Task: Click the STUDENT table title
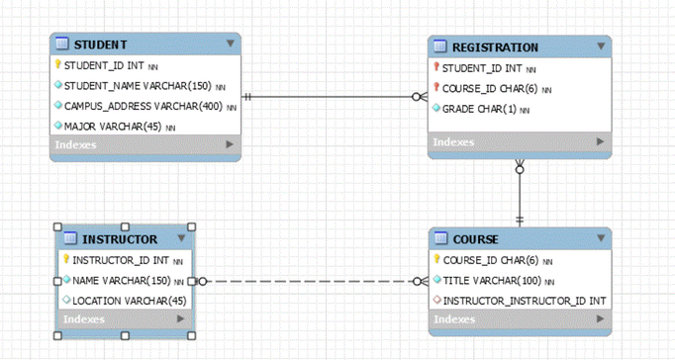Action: [x=100, y=45]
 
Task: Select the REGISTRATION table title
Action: [x=495, y=47]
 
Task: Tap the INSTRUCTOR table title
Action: [x=119, y=239]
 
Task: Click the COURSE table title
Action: [x=475, y=239]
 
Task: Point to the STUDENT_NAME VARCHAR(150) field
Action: [x=138, y=86]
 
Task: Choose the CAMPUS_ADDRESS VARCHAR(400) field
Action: [x=143, y=106]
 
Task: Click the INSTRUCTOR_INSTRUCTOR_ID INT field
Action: [x=523, y=301]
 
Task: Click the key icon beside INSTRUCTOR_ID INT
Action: [x=66, y=260]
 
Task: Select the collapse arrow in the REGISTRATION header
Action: [x=600, y=46]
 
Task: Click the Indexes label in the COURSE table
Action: [x=453, y=319]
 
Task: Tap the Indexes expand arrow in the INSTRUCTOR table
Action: [x=180, y=319]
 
